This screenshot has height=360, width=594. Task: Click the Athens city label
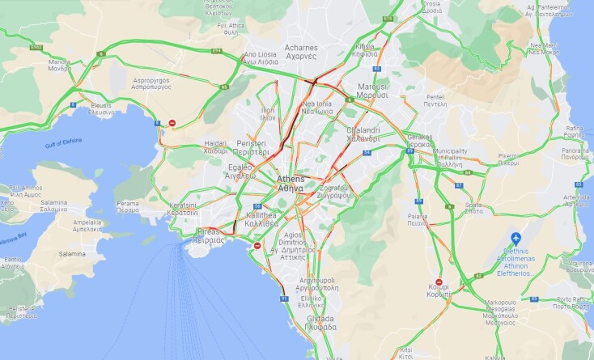(x=290, y=183)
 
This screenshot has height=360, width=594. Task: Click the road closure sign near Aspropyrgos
(x=172, y=123)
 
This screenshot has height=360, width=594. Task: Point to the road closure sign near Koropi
(x=438, y=282)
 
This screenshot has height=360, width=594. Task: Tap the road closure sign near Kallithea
(x=257, y=245)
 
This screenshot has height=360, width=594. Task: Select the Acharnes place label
(x=301, y=52)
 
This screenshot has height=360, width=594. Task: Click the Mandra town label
(x=59, y=65)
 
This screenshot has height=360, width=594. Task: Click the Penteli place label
(x=436, y=101)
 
